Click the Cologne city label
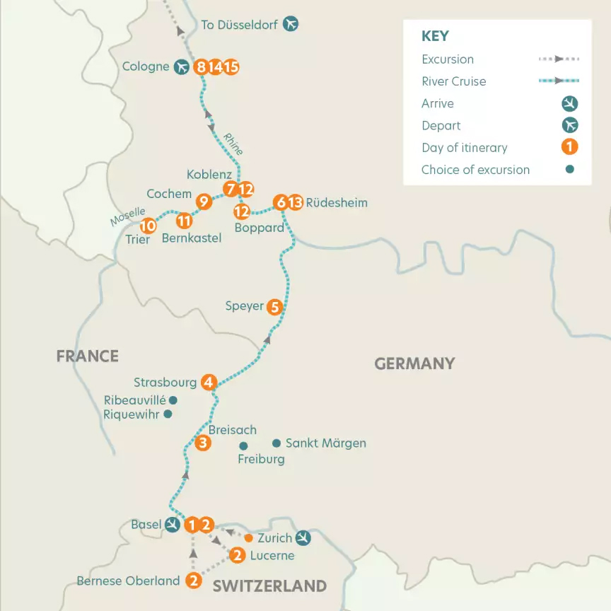click(145, 67)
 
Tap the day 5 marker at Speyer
click(275, 307)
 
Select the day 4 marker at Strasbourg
click(208, 382)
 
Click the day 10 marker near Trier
click(148, 226)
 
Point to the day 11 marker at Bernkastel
click(185, 221)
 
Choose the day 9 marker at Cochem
click(204, 202)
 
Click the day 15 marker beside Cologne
click(231, 67)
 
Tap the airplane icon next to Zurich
click(303, 538)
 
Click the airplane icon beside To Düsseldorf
click(291, 24)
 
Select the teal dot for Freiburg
click(243, 446)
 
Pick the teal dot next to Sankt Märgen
click(277, 443)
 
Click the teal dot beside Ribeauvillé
click(172, 400)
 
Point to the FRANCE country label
click(87, 356)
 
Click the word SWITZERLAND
click(269, 586)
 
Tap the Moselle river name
click(127, 216)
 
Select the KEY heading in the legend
click(435, 37)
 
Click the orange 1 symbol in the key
click(569, 147)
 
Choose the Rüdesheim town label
click(337, 203)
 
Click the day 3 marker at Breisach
click(203, 443)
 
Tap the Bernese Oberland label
click(128, 581)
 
